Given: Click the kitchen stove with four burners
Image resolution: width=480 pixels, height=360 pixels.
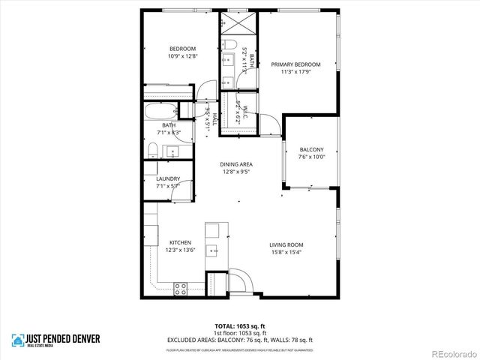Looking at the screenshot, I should click(181, 286).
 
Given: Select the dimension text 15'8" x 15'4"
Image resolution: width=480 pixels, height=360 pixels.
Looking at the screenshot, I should click(286, 252).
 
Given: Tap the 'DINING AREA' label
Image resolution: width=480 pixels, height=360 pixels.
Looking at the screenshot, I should click(235, 164).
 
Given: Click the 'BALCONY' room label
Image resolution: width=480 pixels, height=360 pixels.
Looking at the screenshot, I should click(311, 149).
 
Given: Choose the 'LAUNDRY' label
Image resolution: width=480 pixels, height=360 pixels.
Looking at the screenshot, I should click(168, 178).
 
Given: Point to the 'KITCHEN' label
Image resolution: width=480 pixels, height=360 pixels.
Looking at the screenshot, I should click(180, 242).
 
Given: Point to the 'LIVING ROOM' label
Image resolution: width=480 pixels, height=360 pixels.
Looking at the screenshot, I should click(286, 244).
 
